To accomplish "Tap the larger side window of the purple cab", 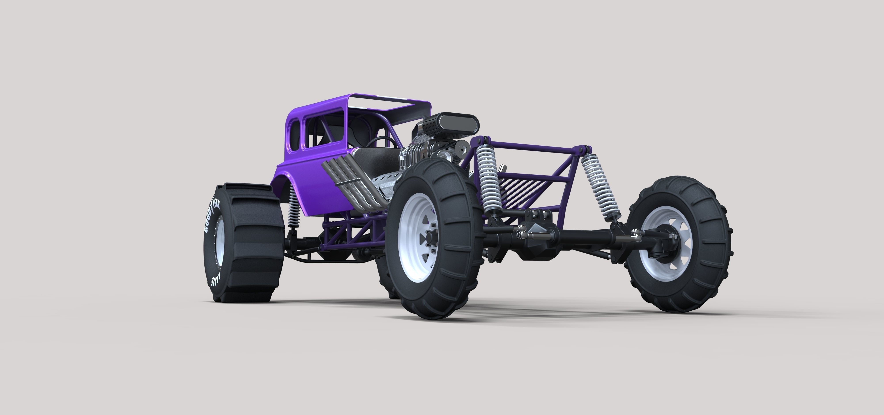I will click(321, 137).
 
